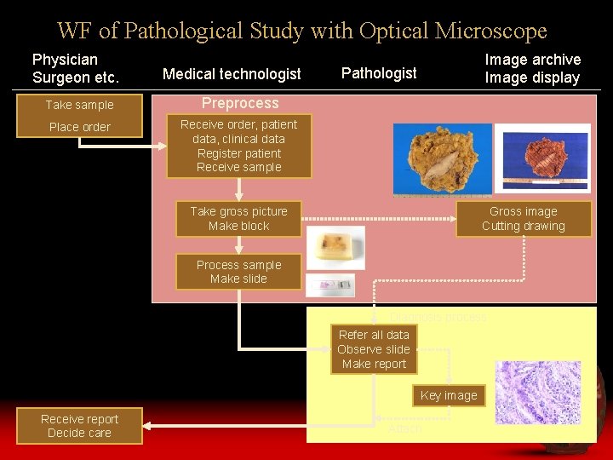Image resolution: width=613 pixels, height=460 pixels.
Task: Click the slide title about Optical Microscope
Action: coord(302,32)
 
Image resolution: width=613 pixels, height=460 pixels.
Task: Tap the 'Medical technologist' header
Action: coord(232,74)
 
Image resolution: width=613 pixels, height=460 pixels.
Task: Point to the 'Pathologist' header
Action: coord(379,73)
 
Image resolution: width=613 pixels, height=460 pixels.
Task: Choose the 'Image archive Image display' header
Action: coord(532,68)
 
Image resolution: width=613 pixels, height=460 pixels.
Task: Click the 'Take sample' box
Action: coord(79,105)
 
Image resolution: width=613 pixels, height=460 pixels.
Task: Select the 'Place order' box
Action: coord(79,127)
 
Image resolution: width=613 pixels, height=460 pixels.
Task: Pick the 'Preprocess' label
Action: coord(239,103)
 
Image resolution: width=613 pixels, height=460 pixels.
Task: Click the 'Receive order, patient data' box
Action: coord(238,146)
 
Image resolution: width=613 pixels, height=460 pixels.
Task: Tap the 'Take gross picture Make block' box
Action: coord(238,218)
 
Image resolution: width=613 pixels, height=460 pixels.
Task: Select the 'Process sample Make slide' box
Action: coord(238,272)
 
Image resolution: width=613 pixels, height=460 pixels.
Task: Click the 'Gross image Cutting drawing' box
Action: coord(523,218)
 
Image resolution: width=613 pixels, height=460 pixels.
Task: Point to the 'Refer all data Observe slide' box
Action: coord(374,349)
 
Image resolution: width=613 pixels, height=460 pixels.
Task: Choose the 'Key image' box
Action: coord(449,395)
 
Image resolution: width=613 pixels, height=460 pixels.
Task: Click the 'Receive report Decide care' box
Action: coord(79,425)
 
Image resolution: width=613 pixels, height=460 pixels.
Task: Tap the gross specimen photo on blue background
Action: coord(442,158)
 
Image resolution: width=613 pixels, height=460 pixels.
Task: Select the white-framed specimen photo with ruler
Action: coord(542,158)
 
